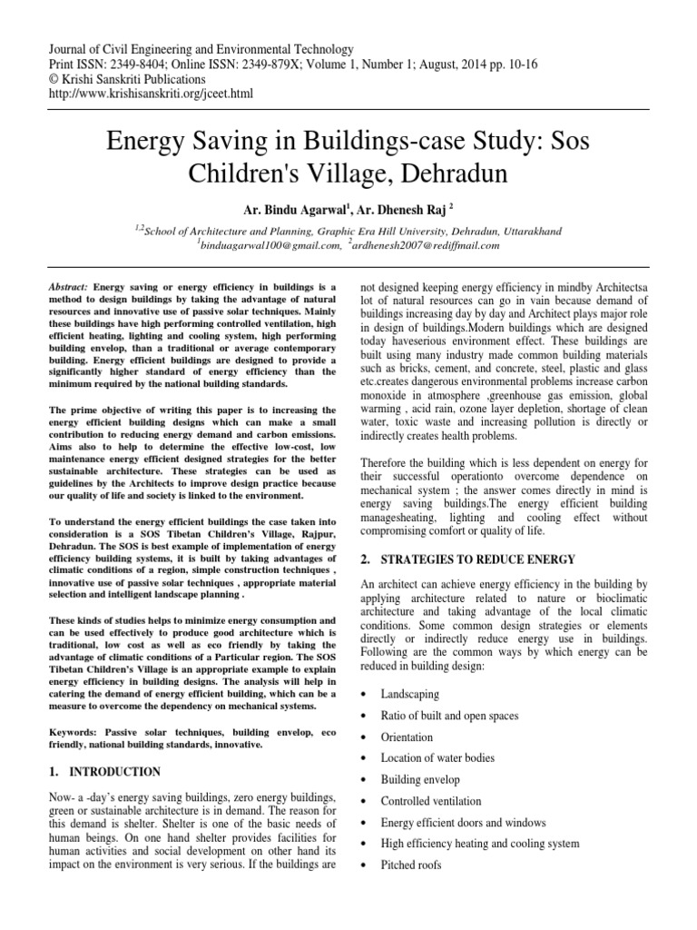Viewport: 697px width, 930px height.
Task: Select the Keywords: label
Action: (x=76, y=731)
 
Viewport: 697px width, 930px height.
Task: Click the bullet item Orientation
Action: (x=407, y=737)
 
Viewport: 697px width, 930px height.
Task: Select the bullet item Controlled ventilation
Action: (x=431, y=801)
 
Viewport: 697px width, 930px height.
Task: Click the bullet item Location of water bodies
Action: (x=437, y=758)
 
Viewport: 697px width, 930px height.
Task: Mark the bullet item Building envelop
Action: (x=420, y=780)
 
